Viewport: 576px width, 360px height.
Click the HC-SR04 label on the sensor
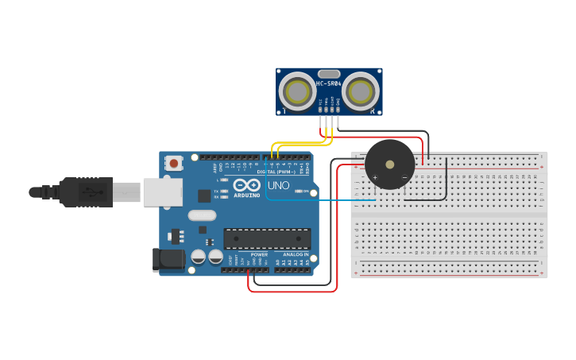click(x=329, y=83)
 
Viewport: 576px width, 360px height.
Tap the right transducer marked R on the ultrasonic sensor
click(x=360, y=91)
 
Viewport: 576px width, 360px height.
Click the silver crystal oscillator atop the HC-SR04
click(x=329, y=74)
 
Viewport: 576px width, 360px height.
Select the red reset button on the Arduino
click(x=174, y=163)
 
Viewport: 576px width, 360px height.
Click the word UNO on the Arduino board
click(x=278, y=186)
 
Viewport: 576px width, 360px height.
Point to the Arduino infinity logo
click(x=246, y=184)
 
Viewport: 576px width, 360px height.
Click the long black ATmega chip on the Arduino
click(x=267, y=238)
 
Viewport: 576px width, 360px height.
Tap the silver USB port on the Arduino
click(x=162, y=192)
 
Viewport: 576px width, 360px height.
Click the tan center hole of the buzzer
click(x=389, y=165)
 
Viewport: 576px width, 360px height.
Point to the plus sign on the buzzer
click(x=375, y=176)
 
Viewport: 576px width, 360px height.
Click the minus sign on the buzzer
click(x=404, y=176)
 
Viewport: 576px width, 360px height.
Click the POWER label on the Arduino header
click(x=259, y=254)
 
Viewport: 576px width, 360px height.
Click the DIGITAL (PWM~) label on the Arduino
click(x=276, y=172)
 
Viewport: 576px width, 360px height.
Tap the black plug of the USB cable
click(x=79, y=192)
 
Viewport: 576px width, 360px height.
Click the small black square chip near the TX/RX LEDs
click(x=204, y=195)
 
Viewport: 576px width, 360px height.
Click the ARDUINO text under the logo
click(x=246, y=195)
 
